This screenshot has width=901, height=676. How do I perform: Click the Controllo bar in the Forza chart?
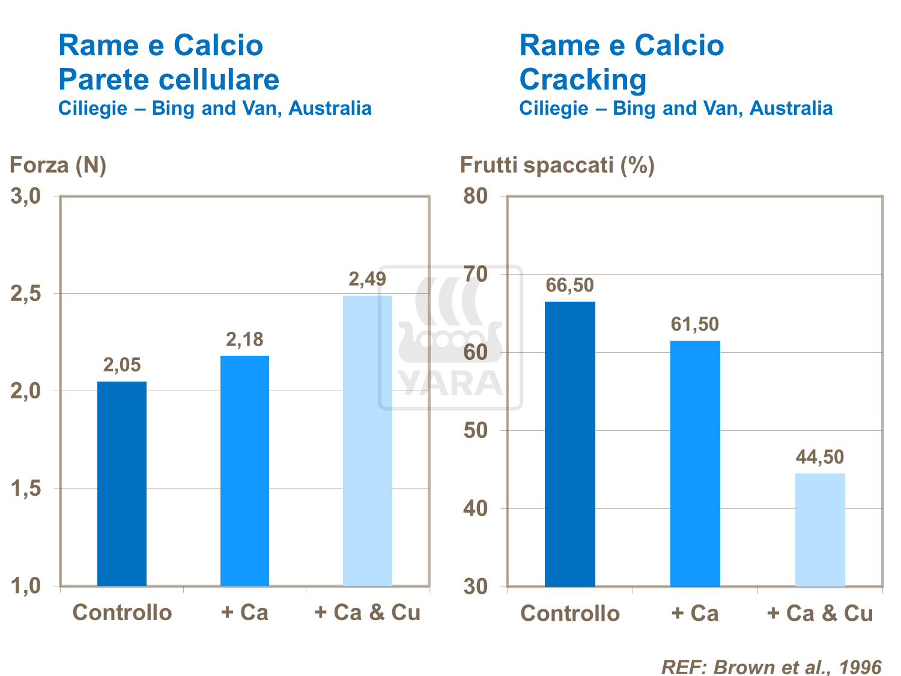122,483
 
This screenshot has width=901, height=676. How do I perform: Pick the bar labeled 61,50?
695,463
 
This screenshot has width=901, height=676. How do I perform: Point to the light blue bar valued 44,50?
820,529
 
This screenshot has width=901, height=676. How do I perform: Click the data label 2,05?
122,365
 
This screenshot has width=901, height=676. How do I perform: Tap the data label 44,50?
820,457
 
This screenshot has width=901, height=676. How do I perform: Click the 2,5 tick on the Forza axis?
26,294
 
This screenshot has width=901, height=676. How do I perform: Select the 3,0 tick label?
26,196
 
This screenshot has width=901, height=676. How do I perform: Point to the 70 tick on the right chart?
476,274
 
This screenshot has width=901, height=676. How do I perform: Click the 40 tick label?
476,508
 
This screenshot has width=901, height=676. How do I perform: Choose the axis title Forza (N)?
58,165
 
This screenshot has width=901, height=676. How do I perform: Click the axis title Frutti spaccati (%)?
557,165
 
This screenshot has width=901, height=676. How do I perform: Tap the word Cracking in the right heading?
583,79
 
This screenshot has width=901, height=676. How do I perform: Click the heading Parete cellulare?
169,79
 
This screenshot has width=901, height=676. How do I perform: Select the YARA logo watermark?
450,338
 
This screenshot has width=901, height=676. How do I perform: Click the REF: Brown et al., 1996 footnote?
771,667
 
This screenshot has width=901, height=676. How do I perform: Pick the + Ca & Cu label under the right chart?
820,613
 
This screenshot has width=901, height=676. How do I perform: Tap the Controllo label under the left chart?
122,612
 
